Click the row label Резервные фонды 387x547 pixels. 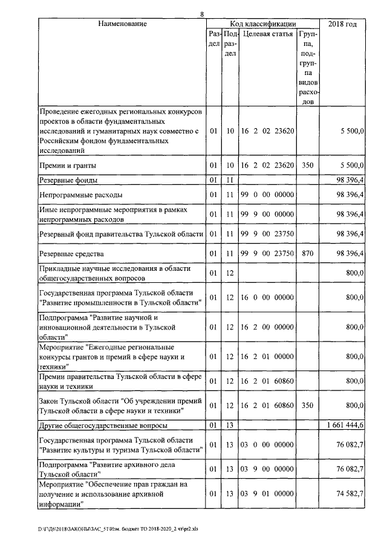pyautogui.click(x=69, y=180)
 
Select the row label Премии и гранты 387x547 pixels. pyautogui.click(x=67, y=165)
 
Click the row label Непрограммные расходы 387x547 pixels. pyautogui.click(x=80, y=195)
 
